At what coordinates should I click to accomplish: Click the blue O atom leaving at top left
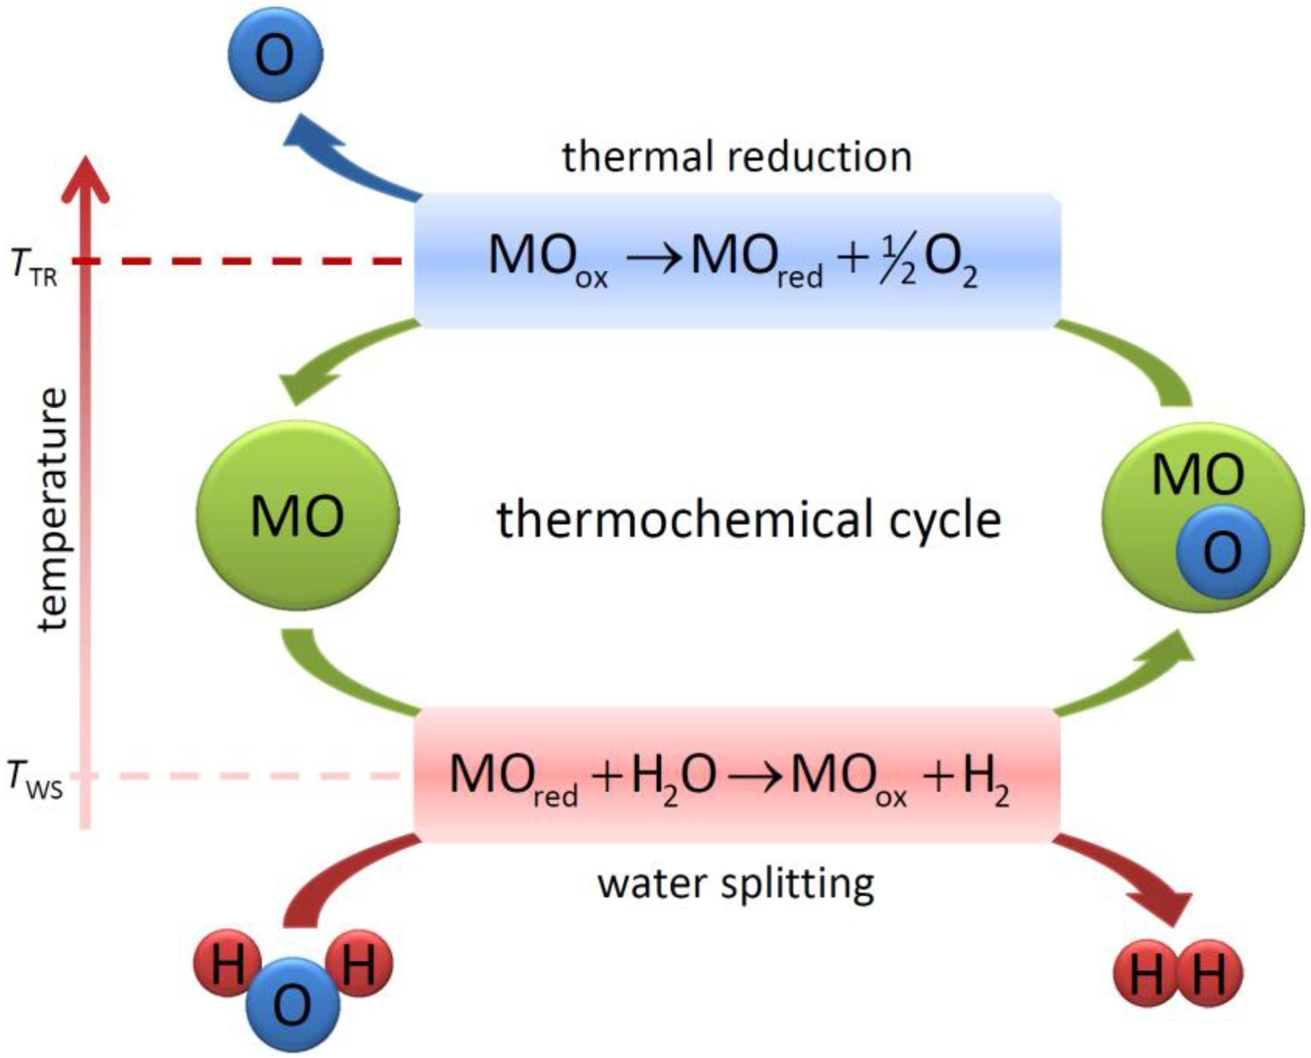click(x=275, y=54)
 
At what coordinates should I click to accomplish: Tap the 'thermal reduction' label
click(x=737, y=157)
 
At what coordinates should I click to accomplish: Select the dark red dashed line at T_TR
click(x=244, y=261)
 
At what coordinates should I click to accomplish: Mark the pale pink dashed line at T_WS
click(x=244, y=776)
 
